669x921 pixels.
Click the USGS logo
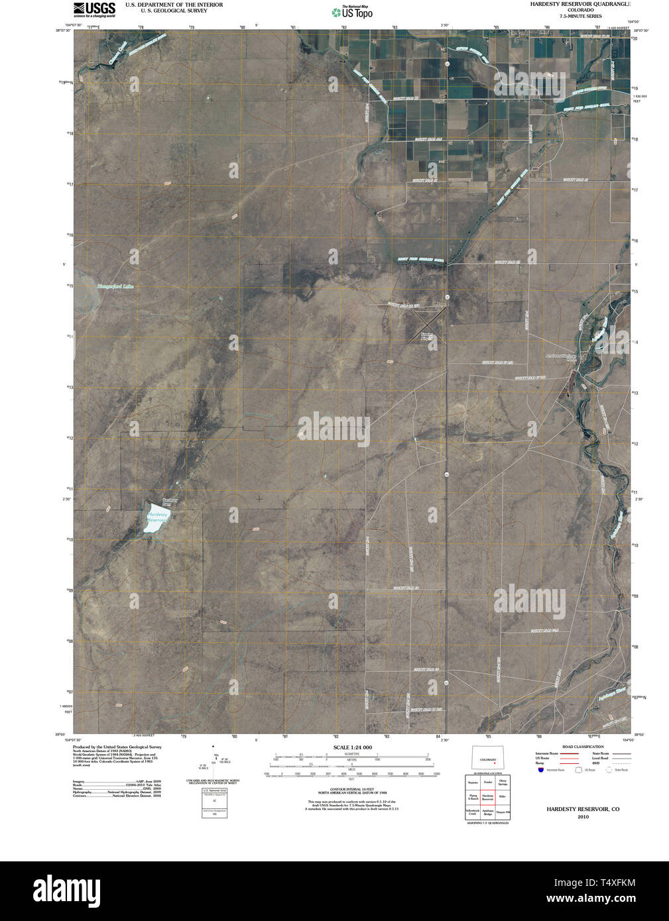click(x=94, y=9)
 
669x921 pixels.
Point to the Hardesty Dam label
click(x=170, y=502)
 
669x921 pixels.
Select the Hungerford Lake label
click(x=115, y=286)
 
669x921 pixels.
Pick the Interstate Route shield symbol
click(x=541, y=770)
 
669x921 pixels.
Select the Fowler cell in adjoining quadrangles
click(x=487, y=783)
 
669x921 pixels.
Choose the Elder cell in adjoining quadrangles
click(x=502, y=796)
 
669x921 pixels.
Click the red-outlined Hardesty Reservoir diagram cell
click(x=487, y=797)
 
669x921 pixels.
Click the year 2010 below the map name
click(x=583, y=816)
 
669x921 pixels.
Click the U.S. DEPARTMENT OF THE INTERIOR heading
click(x=174, y=5)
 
